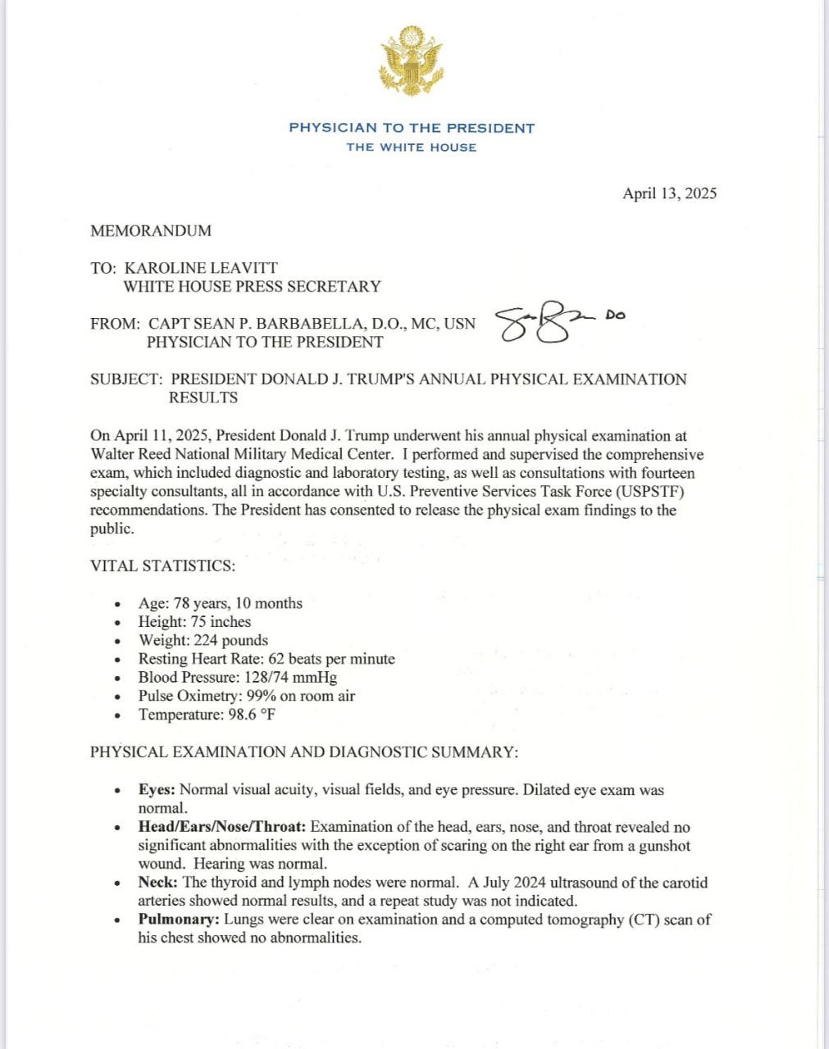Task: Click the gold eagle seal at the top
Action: [411, 60]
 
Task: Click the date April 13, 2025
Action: [669, 193]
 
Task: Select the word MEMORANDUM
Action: [151, 231]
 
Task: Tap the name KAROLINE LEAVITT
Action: [201, 268]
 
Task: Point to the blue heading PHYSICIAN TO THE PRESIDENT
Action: [412, 128]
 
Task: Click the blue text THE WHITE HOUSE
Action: [411, 148]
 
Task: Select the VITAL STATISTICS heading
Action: [162, 566]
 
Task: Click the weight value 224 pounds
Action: [230, 641]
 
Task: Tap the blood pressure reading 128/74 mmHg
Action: [290, 678]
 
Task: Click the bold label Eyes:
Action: [157, 790]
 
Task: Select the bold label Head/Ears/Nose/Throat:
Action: [221, 827]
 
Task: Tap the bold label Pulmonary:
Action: [178, 920]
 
